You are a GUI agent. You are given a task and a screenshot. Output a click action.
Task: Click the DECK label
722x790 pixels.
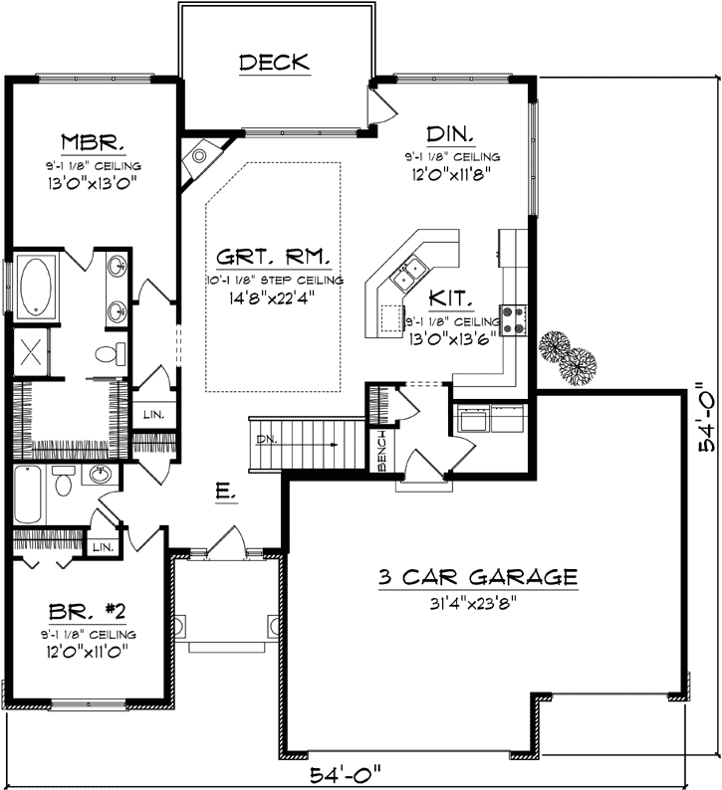274,63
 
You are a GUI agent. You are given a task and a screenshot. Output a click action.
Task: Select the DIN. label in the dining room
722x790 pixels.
451,134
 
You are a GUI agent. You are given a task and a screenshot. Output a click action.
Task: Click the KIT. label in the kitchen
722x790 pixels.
452,296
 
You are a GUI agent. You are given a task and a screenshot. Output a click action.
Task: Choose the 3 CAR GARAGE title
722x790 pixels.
478,576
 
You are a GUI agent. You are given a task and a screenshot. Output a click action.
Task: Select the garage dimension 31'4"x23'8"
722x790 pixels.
478,600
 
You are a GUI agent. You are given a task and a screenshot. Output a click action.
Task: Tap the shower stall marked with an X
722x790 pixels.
32,353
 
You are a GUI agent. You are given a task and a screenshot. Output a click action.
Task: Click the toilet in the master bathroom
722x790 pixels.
110,353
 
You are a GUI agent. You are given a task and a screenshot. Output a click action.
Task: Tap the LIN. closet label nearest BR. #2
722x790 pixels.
101,546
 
